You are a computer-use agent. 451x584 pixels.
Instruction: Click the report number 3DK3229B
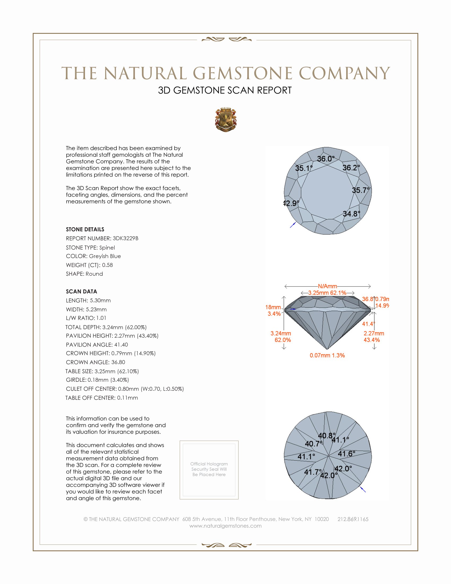125,238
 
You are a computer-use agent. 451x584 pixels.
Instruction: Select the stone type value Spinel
107,248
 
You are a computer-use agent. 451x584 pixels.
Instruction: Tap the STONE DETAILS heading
85,229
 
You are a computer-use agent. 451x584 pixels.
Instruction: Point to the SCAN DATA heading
81,291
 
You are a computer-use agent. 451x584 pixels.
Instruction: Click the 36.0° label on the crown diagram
326,159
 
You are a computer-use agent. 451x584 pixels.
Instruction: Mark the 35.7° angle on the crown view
361,190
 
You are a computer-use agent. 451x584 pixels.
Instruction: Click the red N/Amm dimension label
327,286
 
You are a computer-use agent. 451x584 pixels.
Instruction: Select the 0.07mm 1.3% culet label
327,355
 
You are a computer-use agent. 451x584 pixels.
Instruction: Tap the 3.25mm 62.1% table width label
327,293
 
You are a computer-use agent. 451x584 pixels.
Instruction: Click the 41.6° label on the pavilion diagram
346,454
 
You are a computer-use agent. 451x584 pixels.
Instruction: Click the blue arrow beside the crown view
293,225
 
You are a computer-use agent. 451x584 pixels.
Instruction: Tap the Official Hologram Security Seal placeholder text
209,469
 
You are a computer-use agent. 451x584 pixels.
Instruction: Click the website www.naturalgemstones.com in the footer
225,526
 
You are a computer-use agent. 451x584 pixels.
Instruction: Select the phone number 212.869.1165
353,519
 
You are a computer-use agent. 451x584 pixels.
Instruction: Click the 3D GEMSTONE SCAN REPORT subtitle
225,90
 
